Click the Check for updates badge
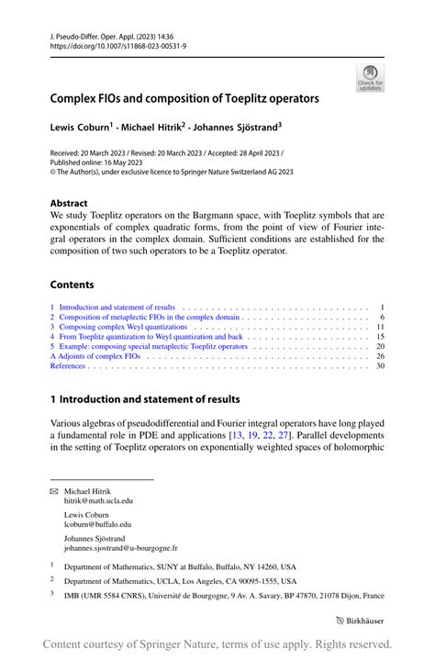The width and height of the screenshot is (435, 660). [x=369, y=77]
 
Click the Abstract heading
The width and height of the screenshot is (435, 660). [x=69, y=203]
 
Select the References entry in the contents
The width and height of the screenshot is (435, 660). [x=68, y=365]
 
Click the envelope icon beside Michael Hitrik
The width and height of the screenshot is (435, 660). [x=53, y=492]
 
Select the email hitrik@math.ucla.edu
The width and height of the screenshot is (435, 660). [x=98, y=501]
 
